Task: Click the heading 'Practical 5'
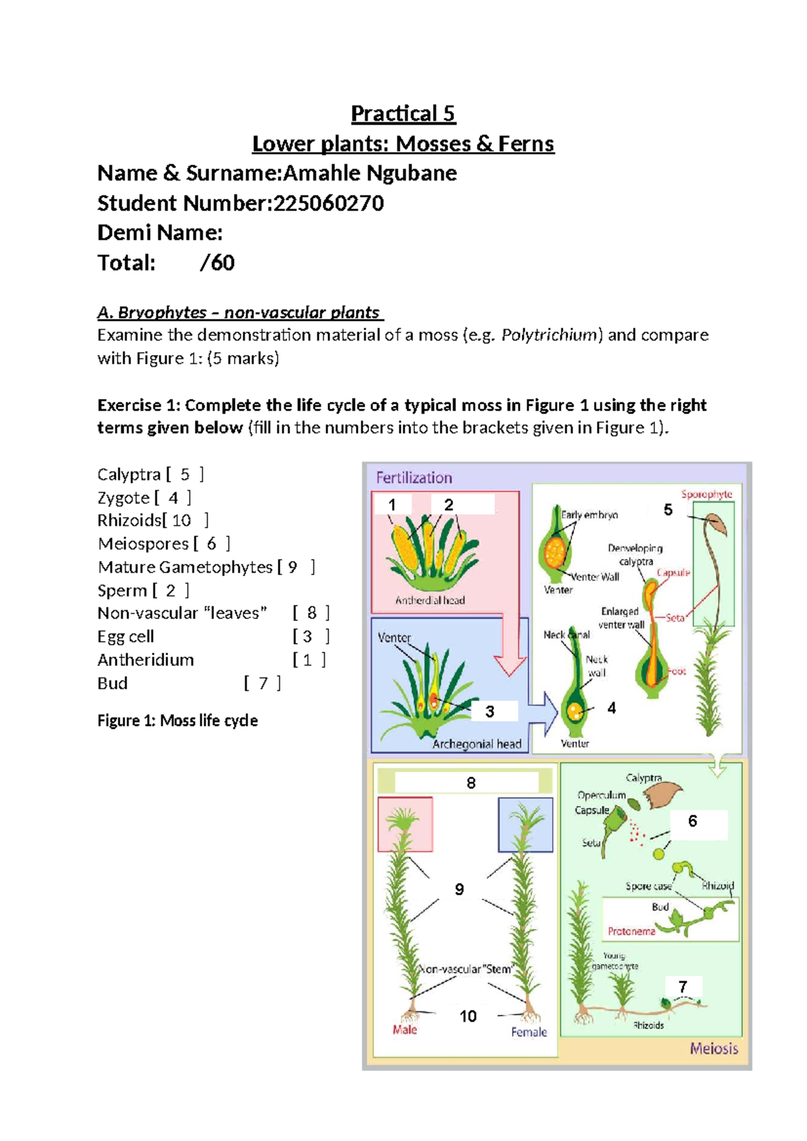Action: (x=403, y=114)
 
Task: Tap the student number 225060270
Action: (x=327, y=203)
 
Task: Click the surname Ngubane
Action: (x=412, y=174)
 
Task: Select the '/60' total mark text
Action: (x=217, y=262)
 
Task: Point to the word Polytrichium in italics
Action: (x=551, y=335)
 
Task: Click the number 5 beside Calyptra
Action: (x=185, y=475)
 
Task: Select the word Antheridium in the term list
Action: (x=145, y=660)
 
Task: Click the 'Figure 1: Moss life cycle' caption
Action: (x=178, y=721)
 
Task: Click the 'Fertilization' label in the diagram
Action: (x=414, y=478)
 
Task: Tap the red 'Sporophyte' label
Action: (x=706, y=494)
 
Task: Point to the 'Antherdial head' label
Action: (x=430, y=600)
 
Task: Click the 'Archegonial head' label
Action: (x=477, y=743)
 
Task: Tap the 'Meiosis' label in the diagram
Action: (x=714, y=1048)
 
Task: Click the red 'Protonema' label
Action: (x=631, y=931)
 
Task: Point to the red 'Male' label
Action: (x=404, y=1029)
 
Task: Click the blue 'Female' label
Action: (x=529, y=1032)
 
